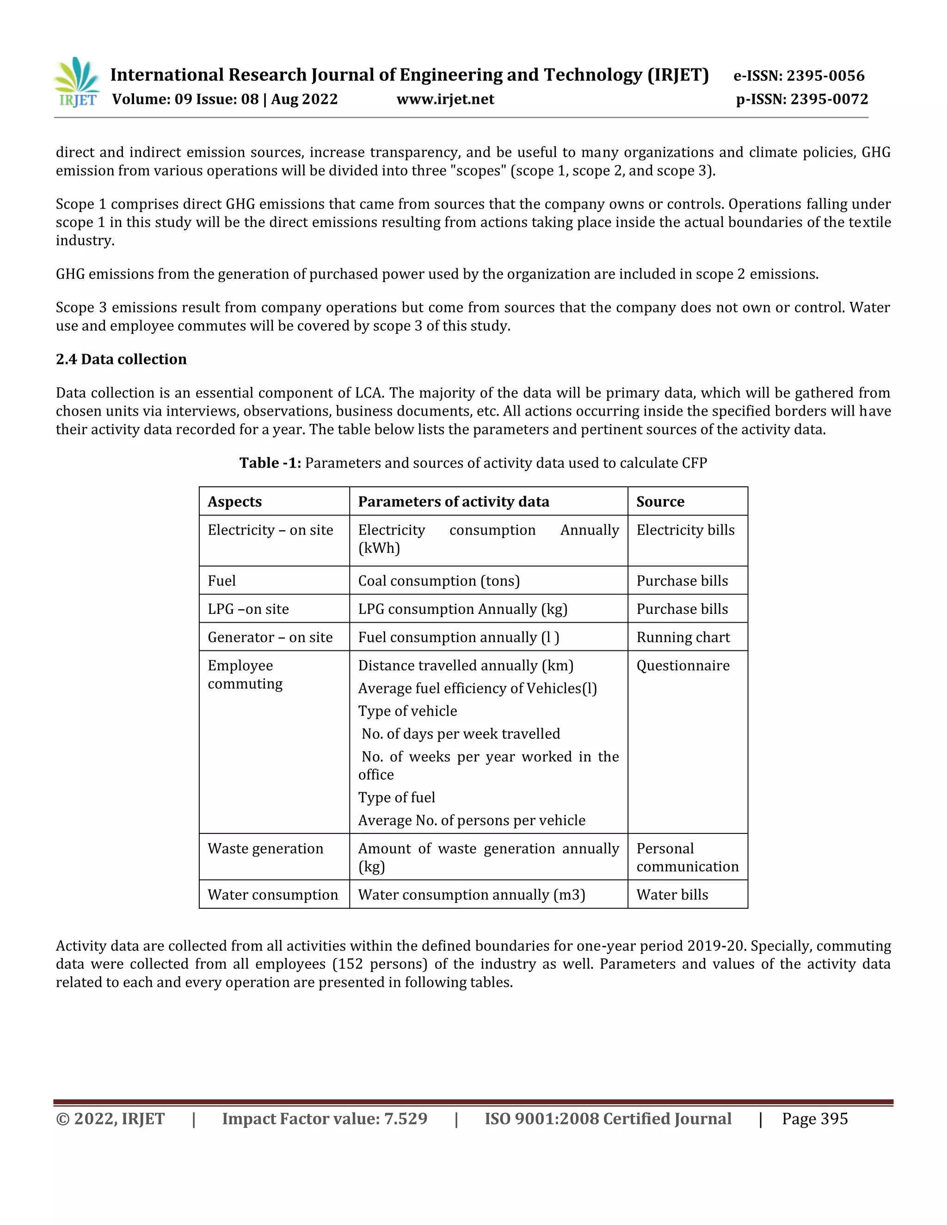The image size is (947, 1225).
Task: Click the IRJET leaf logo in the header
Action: [x=77, y=82]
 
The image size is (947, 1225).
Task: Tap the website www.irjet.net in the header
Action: [x=445, y=99]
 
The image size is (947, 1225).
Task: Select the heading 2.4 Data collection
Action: [x=121, y=359]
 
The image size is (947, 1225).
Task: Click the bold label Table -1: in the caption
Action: [x=270, y=463]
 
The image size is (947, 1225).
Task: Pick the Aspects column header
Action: [x=234, y=502]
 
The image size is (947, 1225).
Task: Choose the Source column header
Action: [x=660, y=502]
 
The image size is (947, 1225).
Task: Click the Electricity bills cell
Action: [x=685, y=530]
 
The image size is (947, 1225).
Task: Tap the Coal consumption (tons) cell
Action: [x=439, y=581]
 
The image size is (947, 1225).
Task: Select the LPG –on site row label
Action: [x=248, y=609]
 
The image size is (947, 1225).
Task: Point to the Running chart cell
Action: [x=683, y=637]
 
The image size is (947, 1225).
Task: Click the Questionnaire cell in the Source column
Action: [x=683, y=665]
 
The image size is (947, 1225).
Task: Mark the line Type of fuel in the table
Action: [x=397, y=797]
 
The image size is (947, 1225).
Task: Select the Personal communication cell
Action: [x=687, y=857]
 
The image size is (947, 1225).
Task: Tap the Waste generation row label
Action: [x=265, y=848]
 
